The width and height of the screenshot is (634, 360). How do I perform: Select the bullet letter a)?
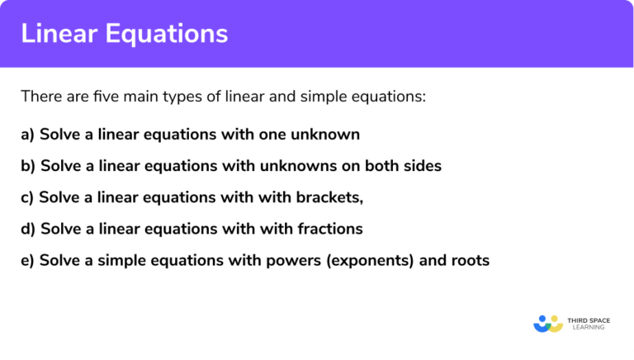(28, 134)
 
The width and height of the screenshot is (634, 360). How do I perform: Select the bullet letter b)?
(28, 166)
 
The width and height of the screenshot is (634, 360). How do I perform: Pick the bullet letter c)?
(28, 197)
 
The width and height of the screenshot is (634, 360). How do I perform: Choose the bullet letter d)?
(28, 229)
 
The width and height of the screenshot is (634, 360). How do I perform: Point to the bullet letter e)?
(28, 261)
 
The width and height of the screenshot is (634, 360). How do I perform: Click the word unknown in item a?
(329, 134)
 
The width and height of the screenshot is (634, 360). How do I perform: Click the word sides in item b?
(421, 166)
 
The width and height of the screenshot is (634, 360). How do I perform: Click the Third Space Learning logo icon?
(547, 323)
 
